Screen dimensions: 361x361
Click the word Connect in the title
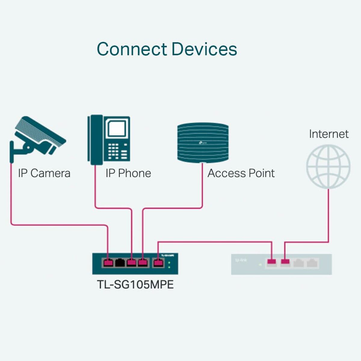point(132,49)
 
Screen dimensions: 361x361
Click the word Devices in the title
point(204,49)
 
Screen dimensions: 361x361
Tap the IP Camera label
point(44,173)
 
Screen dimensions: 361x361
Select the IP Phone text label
point(128,173)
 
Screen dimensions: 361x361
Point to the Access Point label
point(241,173)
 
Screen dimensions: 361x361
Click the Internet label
point(329,134)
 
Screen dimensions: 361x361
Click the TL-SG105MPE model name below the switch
point(135,285)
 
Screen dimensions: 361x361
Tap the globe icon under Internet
point(328,166)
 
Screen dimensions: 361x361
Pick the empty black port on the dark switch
point(120,263)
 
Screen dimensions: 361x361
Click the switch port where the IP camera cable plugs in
point(108,263)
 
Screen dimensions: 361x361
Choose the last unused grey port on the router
point(313,263)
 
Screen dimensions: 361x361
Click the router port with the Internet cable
point(285,263)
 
